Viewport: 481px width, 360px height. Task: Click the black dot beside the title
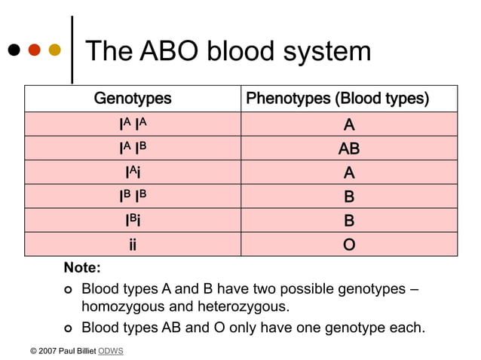tap(14, 50)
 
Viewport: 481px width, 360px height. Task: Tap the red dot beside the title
tap(34, 50)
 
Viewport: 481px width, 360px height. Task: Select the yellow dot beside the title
tap(54, 50)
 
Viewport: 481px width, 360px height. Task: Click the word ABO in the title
tap(170, 51)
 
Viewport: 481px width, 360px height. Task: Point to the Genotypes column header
tap(133, 99)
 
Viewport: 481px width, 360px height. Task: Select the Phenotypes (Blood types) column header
tap(348, 99)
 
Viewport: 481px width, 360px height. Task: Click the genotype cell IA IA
tap(133, 124)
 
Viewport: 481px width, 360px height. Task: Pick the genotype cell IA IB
tap(133, 148)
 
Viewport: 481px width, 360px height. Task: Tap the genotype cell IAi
tap(133, 172)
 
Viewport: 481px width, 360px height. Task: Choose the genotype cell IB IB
tap(133, 197)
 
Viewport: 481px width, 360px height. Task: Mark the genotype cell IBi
tap(133, 221)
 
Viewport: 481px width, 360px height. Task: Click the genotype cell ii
tap(133, 245)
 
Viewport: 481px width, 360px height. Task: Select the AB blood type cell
tap(349, 148)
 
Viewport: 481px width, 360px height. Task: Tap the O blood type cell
tap(349, 245)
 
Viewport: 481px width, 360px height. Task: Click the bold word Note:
tap(82, 268)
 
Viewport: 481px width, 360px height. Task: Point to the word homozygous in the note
tap(122, 307)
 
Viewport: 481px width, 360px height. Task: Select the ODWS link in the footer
tap(111, 351)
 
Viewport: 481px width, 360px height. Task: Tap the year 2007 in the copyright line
tap(47, 351)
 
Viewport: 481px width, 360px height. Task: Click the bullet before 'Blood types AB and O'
tap(67, 328)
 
